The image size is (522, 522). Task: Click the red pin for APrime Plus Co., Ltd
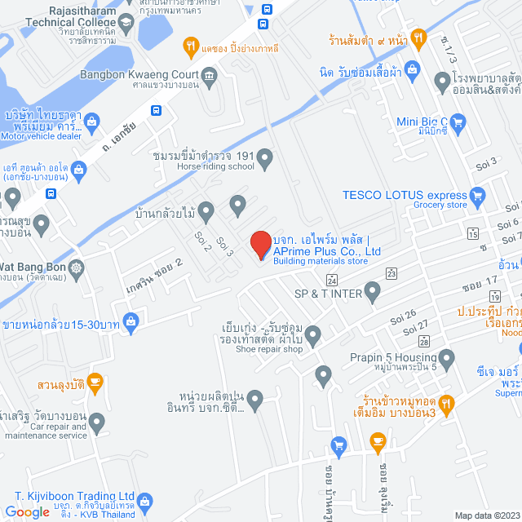[260, 244]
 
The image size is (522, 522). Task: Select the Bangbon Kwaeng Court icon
[210, 77]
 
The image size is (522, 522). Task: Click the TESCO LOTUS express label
[404, 195]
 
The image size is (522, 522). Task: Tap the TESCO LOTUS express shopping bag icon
[478, 195]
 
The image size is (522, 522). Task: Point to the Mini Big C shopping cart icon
[457, 123]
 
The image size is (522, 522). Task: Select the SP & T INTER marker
[373, 290]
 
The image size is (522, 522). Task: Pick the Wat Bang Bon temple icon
[77, 267]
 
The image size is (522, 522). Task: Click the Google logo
[27, 511]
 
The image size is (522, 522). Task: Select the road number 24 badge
[330, 280]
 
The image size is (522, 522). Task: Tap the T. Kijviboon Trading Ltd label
[74, 495]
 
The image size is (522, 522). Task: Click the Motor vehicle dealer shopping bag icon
[91, 122]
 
